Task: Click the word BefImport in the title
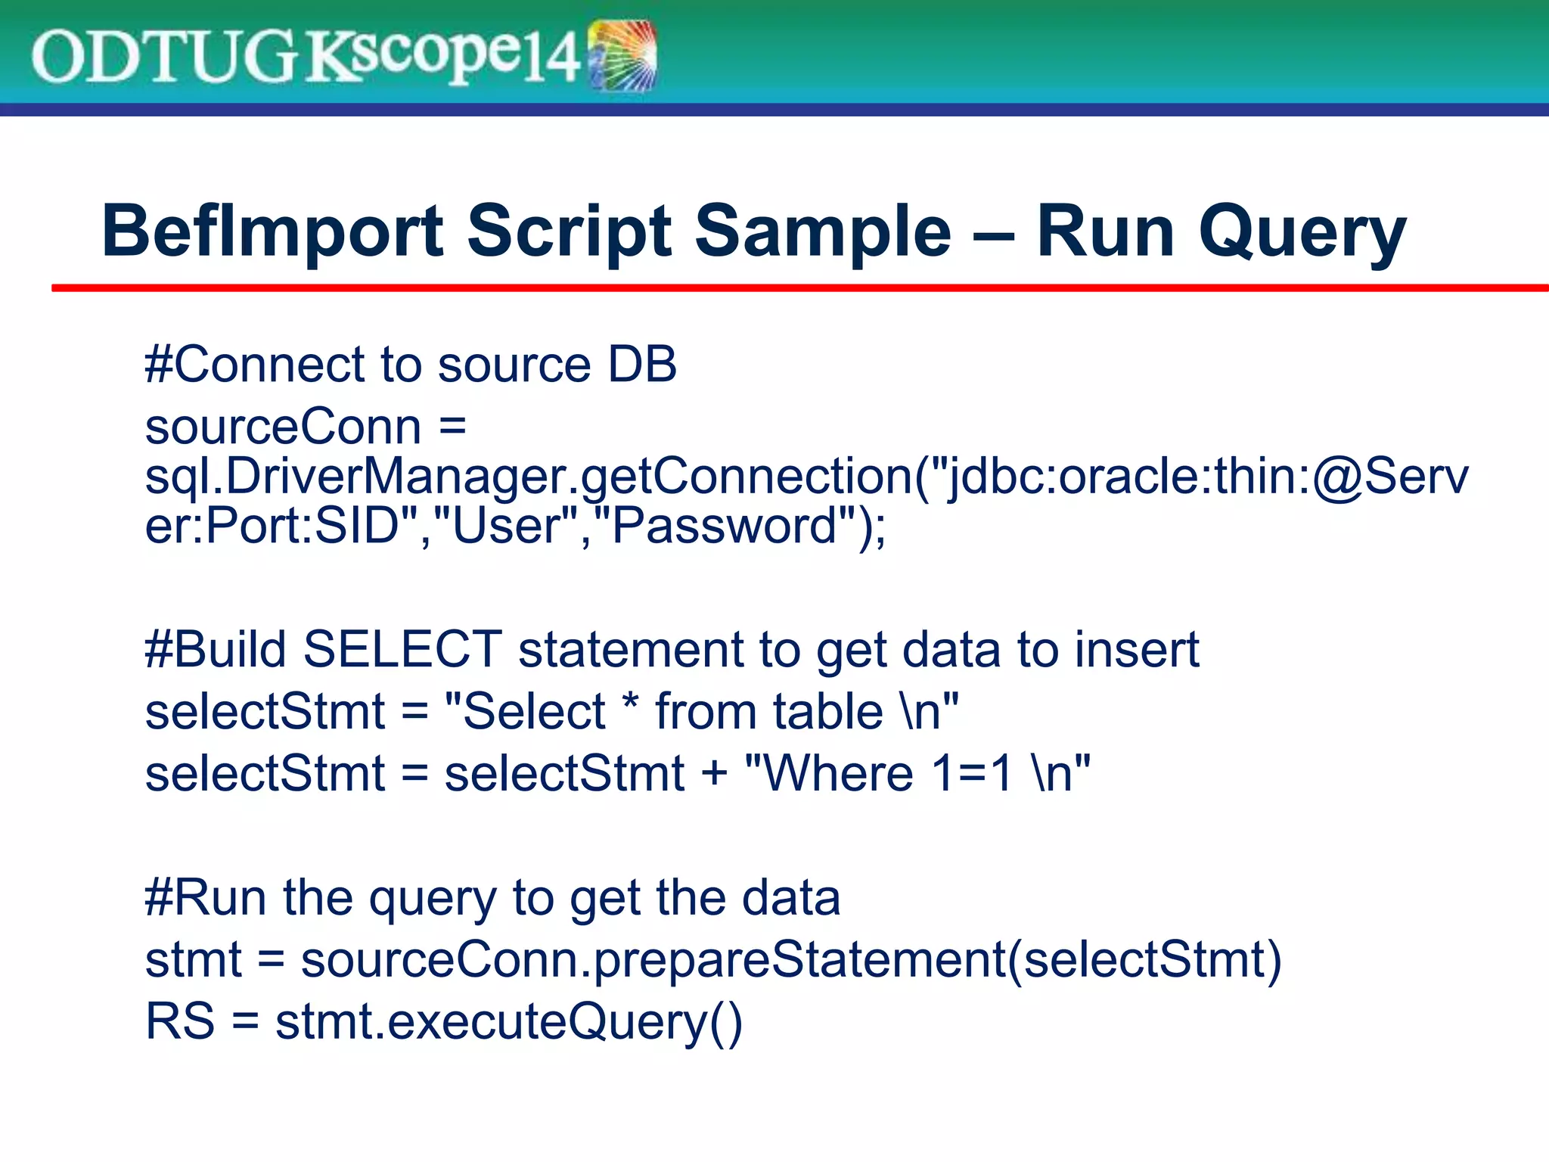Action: (272, 232)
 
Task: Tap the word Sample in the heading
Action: (823, 232)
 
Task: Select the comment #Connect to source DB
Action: (411, 365)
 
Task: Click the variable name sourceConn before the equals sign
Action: (283, 427)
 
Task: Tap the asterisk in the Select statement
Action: (629, 704)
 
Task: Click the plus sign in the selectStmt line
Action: (714, 775)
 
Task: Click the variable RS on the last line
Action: (179, 1021)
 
